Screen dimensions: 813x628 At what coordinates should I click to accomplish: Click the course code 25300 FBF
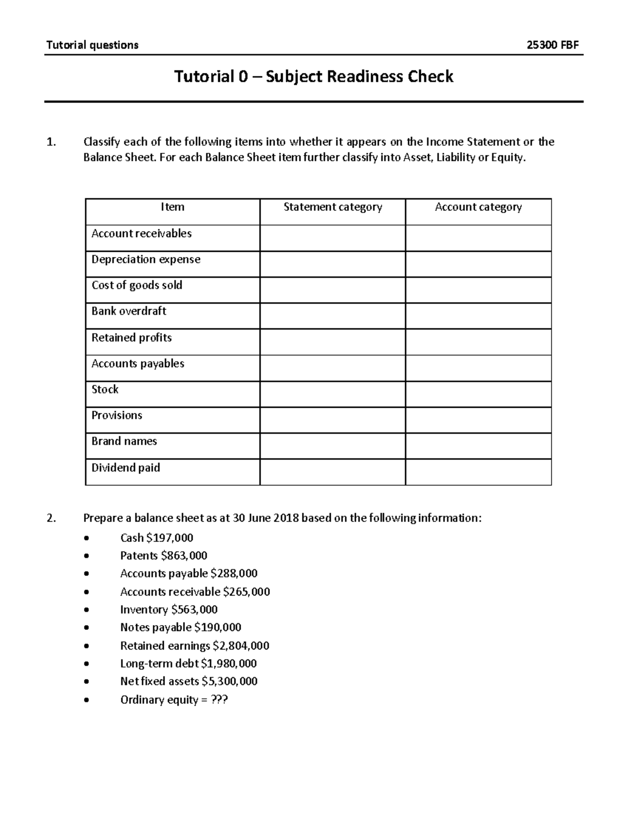[553, 45]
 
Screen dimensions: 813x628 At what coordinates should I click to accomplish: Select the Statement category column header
[332, 207]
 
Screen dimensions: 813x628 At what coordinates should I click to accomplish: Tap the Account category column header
[478, 207]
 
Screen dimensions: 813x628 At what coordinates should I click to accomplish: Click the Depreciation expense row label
[145, 260]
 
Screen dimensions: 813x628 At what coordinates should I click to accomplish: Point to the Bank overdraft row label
[129, 311]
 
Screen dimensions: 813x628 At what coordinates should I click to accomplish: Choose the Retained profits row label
[131, 338]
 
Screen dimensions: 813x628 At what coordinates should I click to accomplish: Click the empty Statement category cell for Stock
[332, 394]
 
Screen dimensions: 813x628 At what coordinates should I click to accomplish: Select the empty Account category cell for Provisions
[478, 420]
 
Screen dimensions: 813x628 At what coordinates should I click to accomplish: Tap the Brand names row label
[124, 441]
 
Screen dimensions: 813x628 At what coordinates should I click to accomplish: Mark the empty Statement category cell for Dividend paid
[332, 472]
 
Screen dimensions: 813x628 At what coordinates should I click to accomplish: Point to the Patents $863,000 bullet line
[163, 556]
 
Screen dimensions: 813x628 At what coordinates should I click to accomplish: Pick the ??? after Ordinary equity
[219, 700]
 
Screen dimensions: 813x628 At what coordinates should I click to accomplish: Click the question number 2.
[50, 518]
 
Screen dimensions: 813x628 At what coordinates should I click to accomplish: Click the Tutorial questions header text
[92, 45]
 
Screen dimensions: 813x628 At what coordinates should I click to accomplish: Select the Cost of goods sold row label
[137, 285]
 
